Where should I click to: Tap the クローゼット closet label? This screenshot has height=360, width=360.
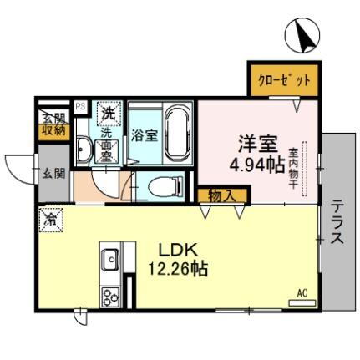(282, 79)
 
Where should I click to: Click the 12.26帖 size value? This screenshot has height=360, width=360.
(177, 269)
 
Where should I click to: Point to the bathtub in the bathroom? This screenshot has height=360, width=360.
(178, 134)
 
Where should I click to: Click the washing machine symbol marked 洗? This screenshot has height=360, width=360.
(107, 112)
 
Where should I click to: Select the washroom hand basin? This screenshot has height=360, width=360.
(84, 151)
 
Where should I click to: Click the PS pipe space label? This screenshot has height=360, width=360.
(80, 106)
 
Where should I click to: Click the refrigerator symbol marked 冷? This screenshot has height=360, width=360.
(49, 222)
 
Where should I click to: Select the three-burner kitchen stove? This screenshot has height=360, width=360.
(110, 296)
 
